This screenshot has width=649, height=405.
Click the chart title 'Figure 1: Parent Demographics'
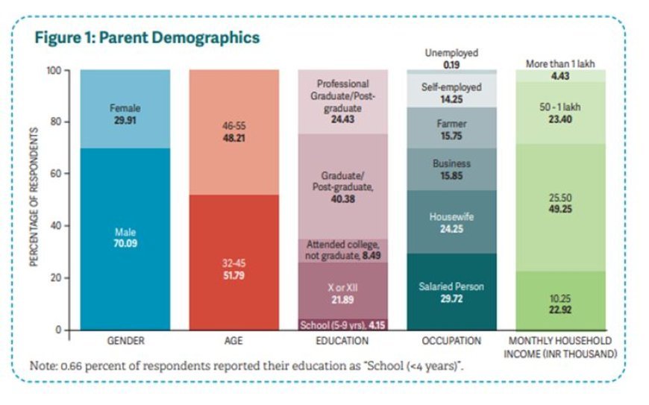click(x=147, y=37)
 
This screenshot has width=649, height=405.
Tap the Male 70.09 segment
click(x=125, y=239)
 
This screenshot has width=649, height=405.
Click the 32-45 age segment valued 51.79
click(x=234, y=269)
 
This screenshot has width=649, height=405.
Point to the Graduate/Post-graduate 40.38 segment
click(x=342, y=186)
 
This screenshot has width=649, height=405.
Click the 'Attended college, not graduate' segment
click(x=342, y=250)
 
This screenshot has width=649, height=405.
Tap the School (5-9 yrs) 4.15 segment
click(x=342, y=324)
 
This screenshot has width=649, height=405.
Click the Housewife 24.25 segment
click(x=451, y=222)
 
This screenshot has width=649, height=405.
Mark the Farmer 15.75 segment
click(x=451, y=128)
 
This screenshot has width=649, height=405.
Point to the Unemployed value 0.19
click(x=451, y=66)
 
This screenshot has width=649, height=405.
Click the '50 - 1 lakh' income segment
click(x=559, y=113)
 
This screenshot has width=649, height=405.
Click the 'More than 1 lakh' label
click(x=559, y=64)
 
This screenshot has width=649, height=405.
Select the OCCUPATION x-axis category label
click(x=451, y=341)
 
